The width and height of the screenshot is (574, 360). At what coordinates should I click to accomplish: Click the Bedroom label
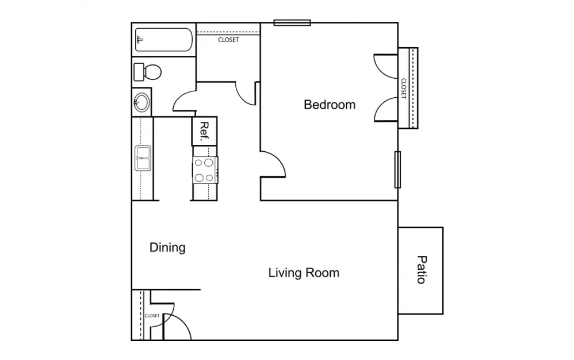tap(330, 105)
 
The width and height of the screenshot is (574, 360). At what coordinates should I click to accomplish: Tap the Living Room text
tap(304, 273)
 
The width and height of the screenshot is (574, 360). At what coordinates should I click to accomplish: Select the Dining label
tap(167, 248)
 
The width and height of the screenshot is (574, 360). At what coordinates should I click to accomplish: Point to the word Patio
tap(422, 270)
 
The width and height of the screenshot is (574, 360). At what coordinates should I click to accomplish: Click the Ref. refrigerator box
tap(204, 131)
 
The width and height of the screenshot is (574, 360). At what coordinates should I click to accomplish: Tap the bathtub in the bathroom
tap(164, 40)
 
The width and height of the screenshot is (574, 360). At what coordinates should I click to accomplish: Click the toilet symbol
tap(148, 72)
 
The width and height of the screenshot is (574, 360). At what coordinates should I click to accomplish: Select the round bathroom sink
tap(141, 102)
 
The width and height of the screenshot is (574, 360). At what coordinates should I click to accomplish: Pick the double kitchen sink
tap(143, 158)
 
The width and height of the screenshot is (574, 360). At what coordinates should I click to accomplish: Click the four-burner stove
tap(205, 170)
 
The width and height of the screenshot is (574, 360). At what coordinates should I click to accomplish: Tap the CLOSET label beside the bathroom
tap(228, 40)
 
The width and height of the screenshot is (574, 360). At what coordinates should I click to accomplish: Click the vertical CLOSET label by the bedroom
tap(404, 89)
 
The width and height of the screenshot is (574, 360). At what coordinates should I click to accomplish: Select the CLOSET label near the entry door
tap(152, 315)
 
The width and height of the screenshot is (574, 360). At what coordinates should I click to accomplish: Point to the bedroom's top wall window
tap(292, 22)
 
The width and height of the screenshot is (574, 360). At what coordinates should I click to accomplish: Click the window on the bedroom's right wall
tap(397, 170)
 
